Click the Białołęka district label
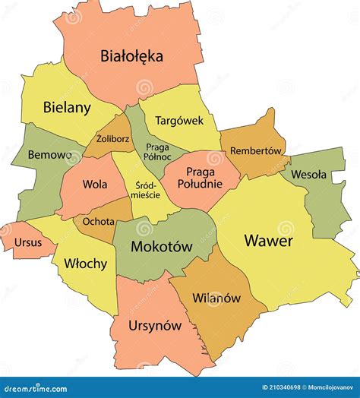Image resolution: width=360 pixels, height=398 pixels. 132,55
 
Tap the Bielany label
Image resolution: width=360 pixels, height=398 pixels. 67,107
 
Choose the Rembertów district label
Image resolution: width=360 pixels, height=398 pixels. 256,150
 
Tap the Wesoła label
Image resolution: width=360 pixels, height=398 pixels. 308,174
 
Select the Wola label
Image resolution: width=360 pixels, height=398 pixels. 94,184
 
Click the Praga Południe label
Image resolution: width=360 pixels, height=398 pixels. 200,178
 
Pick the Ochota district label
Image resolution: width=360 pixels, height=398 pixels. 99,222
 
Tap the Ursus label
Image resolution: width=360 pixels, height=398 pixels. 27,245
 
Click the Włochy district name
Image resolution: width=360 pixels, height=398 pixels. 85,264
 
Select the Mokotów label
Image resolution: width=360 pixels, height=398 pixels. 161,246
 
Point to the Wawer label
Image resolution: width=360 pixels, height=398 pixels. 269,241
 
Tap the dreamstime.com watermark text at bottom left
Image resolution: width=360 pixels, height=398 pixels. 39,387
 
